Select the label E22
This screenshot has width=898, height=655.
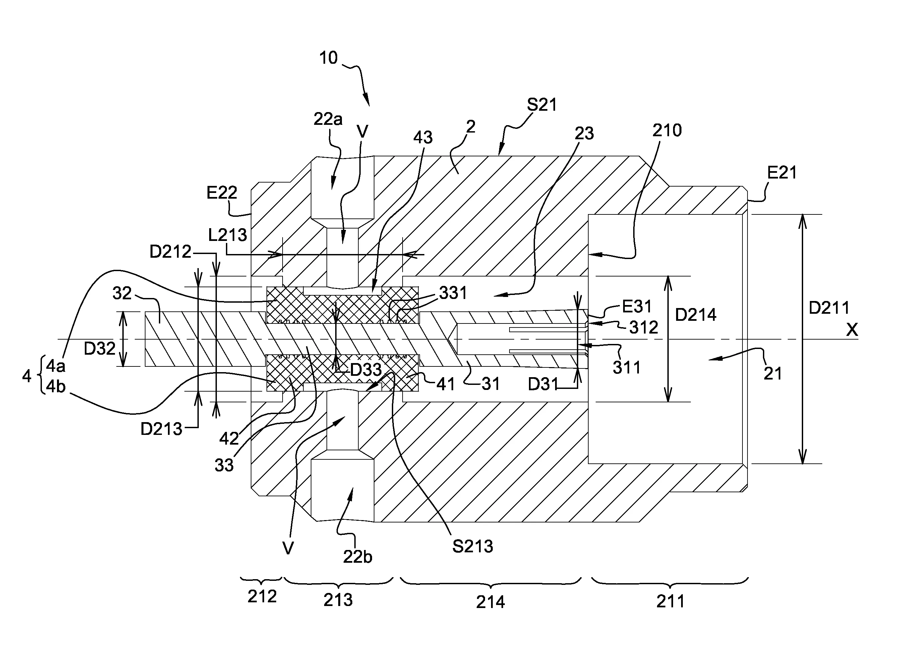point(222,193)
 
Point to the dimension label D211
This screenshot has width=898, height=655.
point(829,308)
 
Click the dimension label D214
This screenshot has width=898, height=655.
point(696,315)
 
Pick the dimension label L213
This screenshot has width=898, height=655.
point(227,235)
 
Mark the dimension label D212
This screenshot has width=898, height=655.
point(170,252)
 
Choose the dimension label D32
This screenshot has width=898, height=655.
point(100,349)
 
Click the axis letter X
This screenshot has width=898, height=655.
point(852,330)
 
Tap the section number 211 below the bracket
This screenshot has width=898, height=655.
point(670,601)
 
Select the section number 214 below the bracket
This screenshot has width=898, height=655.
point(490,602)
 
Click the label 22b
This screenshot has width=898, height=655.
point(357,557)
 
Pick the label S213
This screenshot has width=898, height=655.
point(472,546)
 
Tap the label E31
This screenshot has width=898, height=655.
point(637,306)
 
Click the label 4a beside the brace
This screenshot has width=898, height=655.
point(55,366)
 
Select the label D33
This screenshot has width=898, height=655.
point(366,370)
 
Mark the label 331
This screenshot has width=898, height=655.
point(453,293)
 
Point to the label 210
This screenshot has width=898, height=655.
point(667,131)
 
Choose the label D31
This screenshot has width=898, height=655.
point(543,384)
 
